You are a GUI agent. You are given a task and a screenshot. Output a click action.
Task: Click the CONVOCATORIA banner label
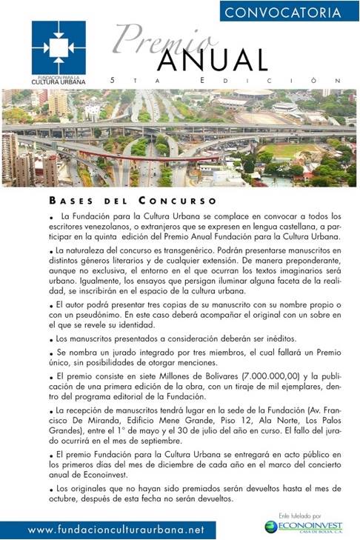289,11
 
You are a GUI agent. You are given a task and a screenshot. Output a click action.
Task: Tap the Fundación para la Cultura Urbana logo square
59,47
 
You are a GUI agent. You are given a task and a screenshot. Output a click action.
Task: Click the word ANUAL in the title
212,59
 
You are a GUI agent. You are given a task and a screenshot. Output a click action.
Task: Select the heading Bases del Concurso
133,200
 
